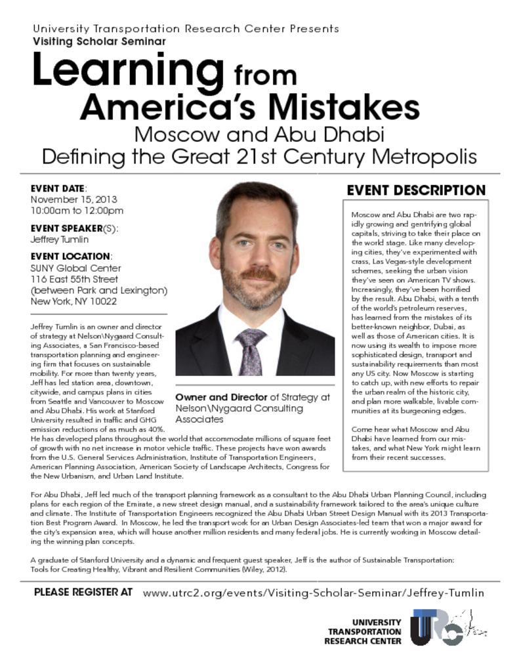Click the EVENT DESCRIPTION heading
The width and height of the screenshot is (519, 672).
(x=416, y=190)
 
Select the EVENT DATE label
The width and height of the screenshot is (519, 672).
(x=58, y=188)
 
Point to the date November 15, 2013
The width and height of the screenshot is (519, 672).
(x=73, y=199)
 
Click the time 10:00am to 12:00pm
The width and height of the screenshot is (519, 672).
(x=77, y=211)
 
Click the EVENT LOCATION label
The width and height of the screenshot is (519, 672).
(x=71, y=256)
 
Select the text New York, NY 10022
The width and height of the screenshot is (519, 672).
(x=73, y=302)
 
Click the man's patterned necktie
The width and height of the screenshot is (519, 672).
(x=250, y=351)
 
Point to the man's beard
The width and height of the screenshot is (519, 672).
(x=255, y=289)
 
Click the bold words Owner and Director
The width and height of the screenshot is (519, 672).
(x=222, y=397)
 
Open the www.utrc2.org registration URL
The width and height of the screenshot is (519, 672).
(x=313, y=593)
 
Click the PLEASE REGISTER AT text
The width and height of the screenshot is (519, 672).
(x=83, y=593)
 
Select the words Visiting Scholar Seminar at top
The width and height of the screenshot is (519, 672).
(x=99, y=41)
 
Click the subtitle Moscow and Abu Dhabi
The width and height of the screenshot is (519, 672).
(x=259, y=135)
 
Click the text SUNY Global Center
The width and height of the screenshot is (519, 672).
(x=75, y=268)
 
